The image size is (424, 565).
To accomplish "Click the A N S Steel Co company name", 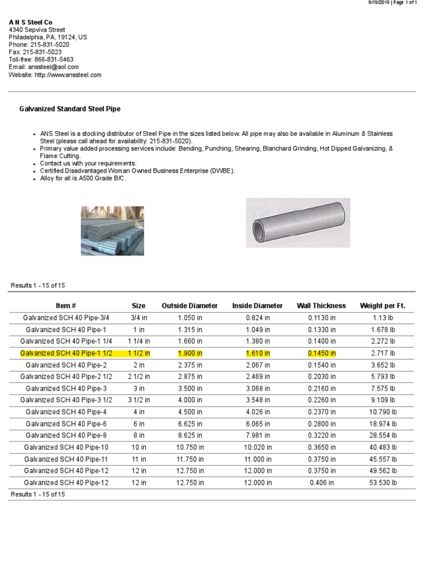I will click(30, 22).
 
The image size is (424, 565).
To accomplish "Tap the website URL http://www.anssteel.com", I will click(68, 74).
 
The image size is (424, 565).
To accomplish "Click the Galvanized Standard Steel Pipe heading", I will click(70, 109).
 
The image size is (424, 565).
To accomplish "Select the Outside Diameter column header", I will click(189, 306).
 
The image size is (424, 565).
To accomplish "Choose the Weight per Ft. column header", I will click(383, 306).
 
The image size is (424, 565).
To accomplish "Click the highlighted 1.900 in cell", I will click(190, 353).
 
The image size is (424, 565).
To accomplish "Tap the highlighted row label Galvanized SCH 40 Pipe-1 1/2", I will click(66, 353).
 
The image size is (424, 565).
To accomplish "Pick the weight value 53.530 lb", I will click(384, 483).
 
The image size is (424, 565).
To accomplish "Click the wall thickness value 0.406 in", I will click(321, 483).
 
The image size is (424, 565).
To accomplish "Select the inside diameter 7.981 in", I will click(258, 436).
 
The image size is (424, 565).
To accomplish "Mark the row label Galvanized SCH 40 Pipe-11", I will click(66, 459).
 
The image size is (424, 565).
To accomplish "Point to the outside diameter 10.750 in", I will click(190, 447).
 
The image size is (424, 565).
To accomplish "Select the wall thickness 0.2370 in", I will click(321, 412).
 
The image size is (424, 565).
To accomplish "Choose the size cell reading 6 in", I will click(139, 424).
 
